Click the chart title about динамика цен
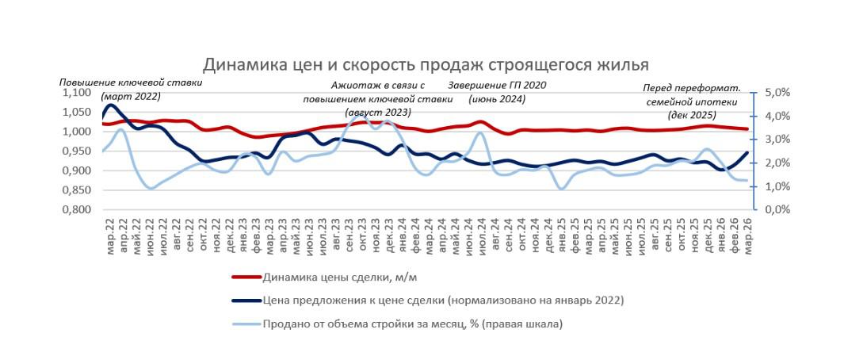click(x=426, y=64)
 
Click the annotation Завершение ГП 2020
click(x=498, y=86)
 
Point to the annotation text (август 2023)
click(x=376, y=113)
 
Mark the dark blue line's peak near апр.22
click(x=110, y=105)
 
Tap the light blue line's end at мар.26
click(x=747, y=181)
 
